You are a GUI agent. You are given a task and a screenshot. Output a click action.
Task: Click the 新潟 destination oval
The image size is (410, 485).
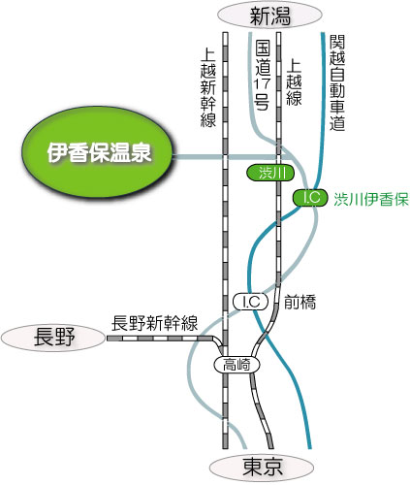[x=269, y=16]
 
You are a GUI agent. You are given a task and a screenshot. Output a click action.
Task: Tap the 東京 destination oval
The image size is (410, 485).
[x=262, y=467]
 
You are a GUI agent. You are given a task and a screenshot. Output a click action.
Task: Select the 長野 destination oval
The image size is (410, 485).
[x=53, y=338]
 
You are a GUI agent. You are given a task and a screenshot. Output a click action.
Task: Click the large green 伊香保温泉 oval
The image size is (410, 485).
[x=98, y=152]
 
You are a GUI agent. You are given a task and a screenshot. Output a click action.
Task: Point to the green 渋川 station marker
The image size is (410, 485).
[x=270, y=173]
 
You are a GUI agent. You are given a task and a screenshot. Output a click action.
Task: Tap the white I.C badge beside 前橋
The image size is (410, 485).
[x=251, y=302]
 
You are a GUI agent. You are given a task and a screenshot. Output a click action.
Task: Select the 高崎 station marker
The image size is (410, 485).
[x=237, y=365]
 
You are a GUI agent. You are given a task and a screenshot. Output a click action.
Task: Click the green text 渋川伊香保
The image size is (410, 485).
[x=371, y=199]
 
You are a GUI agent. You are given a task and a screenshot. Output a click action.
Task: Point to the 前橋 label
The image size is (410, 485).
[x=300, y=303]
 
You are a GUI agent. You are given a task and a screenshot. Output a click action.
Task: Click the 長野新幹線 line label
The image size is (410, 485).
[x=154, y=323]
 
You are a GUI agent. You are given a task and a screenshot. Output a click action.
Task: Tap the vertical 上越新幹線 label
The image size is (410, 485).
[x=208, y=87]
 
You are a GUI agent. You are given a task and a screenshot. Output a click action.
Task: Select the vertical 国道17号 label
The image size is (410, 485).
[x=262, y=75]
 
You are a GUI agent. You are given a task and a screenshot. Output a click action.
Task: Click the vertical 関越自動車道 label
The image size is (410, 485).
[x=337, y=82]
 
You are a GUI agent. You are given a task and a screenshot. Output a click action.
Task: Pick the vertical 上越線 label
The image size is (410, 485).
[x=294, y=81]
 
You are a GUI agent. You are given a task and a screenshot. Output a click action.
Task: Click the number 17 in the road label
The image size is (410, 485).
[x=262, y=83]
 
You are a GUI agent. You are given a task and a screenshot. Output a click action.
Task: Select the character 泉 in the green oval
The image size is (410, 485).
[x=141, y=152]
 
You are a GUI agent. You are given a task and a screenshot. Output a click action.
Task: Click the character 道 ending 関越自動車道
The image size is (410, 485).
[x=337, y=123]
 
